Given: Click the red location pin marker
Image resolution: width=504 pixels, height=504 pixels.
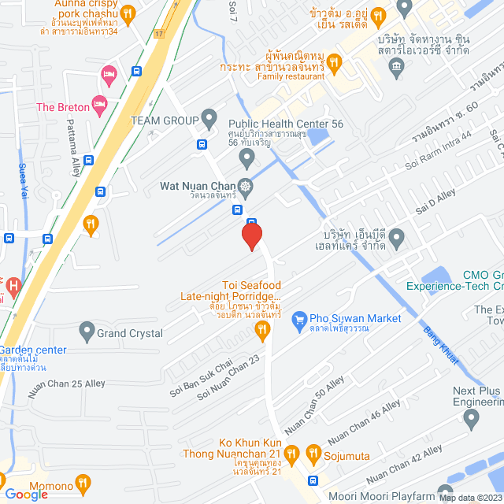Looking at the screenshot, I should click(251, 236).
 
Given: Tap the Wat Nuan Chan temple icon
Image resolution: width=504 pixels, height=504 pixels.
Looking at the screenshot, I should click(246, 187).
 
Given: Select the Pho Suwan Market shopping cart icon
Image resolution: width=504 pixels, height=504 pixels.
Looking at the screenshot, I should click(298, 319).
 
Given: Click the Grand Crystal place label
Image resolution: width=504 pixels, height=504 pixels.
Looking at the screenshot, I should click(130, 333).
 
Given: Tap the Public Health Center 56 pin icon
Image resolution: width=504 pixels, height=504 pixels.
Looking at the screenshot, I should click(246, 157).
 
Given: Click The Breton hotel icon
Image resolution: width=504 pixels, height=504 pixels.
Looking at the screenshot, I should click(99, 104).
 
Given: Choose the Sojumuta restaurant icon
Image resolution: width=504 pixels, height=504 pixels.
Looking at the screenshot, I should click(313, 454).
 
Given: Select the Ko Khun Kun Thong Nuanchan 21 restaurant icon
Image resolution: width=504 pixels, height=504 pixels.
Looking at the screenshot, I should click(291, 454).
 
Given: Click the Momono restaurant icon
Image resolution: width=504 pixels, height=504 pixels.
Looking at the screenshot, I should click(83, 483).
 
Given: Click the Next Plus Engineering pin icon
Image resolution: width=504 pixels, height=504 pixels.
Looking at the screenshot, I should click(471, 420).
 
